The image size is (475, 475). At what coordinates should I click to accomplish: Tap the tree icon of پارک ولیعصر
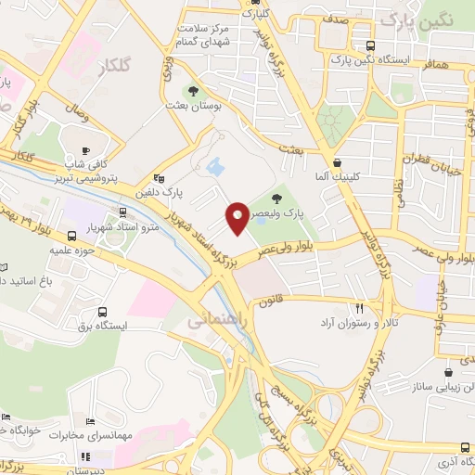277,198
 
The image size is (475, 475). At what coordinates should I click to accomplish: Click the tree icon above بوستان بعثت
194,91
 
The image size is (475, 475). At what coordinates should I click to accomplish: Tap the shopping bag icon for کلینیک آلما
339,160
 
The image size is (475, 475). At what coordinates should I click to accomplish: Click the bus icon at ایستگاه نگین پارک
371,45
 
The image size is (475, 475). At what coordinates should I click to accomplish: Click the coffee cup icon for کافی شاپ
86,150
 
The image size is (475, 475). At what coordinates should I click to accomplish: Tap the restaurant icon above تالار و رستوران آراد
359,307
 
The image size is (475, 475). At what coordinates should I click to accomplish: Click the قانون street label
270,302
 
